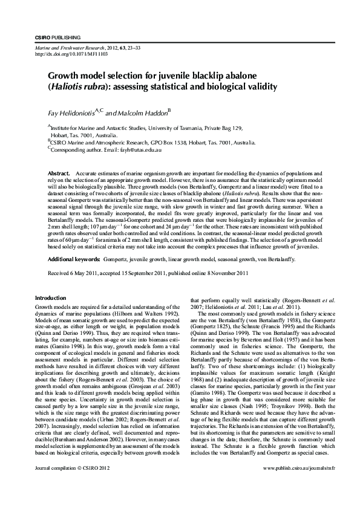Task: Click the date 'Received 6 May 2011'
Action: [x=72, y=273]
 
